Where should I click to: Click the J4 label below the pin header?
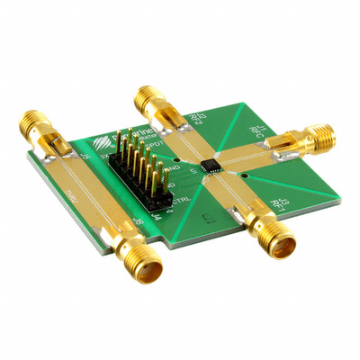point(158,215)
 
